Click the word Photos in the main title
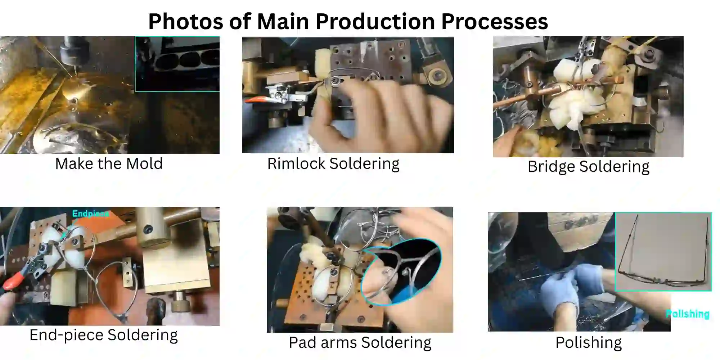click(x=186, y=22)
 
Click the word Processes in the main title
click(x=495, y=22)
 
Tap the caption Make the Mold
click(x=109, y=164)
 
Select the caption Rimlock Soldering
click(x=333, y=164)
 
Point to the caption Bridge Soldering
click(x=589, y=167)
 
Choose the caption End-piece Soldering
click(x=104, y=335)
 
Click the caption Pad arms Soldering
click(x=360, y=342)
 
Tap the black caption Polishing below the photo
click(x=589, y=342)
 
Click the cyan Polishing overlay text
click(x=688, y=314)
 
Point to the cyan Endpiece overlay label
click(x=90, y=213)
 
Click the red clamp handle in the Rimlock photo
click(x=256, y=100)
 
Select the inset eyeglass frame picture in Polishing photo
click(x=663, y=252)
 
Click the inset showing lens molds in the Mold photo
click(x=177, y=64)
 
